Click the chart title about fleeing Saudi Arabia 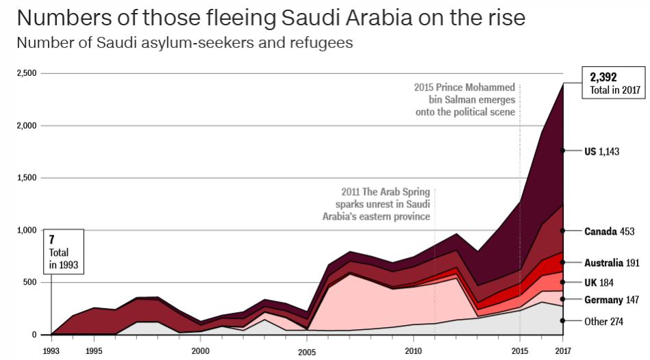click(x=271, y=17)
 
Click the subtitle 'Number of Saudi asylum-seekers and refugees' click(x=184, y=43)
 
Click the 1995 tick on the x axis click(x=94, y=350)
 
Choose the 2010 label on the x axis click(x=413, y=350)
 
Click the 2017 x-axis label click(x=562, y=350)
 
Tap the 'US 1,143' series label click(x=601, y=151)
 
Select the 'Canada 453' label click(x=609, y=231)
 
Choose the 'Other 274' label click(x=603, y=321)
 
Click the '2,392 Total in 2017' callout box click(x=613, y=83)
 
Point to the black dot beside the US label click(x=563, y=151)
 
